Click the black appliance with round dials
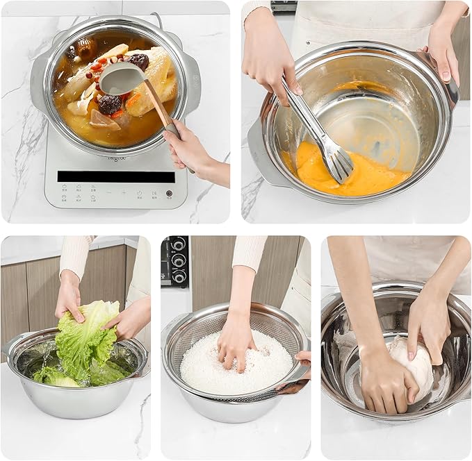point(174,260)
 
